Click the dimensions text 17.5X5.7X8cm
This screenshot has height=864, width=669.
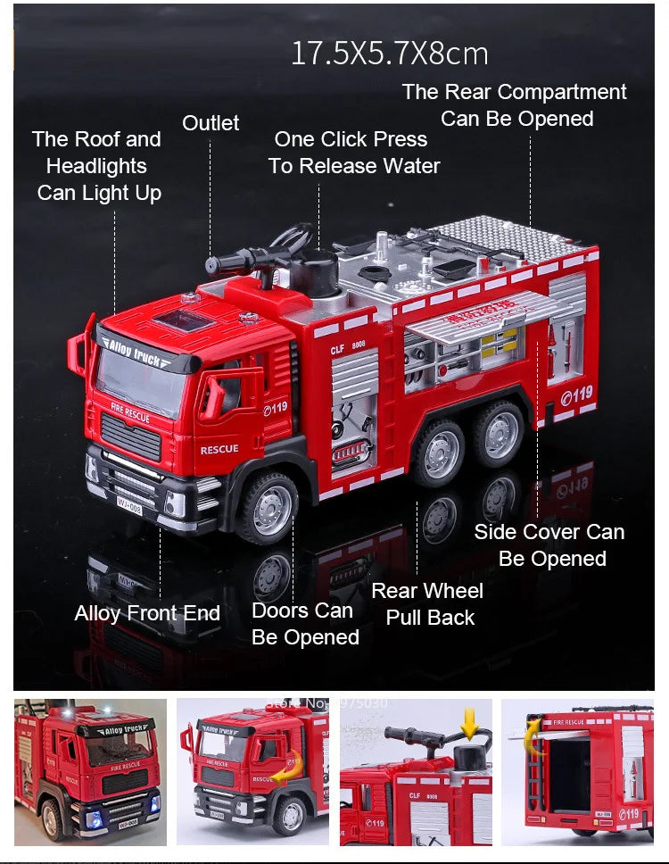[x=390, y=54]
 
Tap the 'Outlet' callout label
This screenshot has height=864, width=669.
[x=211, y=123]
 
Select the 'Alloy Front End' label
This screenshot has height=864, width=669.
[x=147, y=613]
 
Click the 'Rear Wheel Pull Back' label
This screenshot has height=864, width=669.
[x=427, y=604]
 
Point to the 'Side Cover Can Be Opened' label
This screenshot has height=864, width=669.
[x=549, y=545]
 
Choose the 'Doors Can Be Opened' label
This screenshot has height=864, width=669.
[x=304, y=624]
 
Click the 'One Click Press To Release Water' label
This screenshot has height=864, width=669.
[x=353, y=153]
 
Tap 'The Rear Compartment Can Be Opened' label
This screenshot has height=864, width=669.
[x=515, y=105]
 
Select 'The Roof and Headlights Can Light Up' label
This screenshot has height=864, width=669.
[x=97, y=166]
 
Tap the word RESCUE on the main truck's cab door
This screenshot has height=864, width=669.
[x=219, y=449]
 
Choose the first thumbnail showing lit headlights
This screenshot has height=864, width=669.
[x=90, y=771]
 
